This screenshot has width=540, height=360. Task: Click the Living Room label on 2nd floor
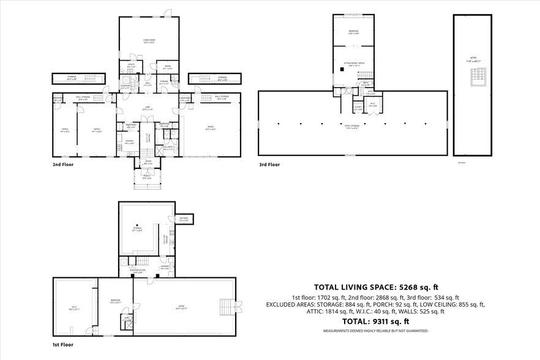pyautogui.click(x=144, y=40)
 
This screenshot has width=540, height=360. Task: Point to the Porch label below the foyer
pyautogui.click(x=147, y=178)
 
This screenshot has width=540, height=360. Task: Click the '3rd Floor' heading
pyautogui.click(x=269, y=165)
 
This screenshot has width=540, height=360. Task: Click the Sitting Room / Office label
pyautogui.click(x=353, y=64)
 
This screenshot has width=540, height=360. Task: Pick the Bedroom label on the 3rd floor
pyautogui.click(x=353, y=31)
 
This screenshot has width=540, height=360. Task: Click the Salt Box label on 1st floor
pyautogui.click(x=184, y=218)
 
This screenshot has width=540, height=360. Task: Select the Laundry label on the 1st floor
pyautogui.click(x=165, y=267)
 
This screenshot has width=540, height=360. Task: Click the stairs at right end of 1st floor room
pyautogui.click(x=228, y=306)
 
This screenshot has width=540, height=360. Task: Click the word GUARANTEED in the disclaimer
pyautogui.click(x=416, y=331)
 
